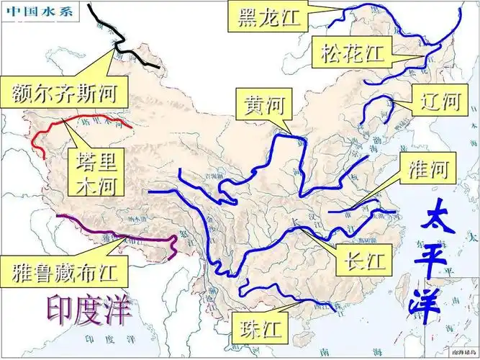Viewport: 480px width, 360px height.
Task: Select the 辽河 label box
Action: tap(436, 101)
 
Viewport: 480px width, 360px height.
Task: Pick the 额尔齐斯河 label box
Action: tap(65, 91)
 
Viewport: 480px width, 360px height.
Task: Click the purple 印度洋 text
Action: tap(90, 310)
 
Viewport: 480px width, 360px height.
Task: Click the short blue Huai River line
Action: tap(353, 210)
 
